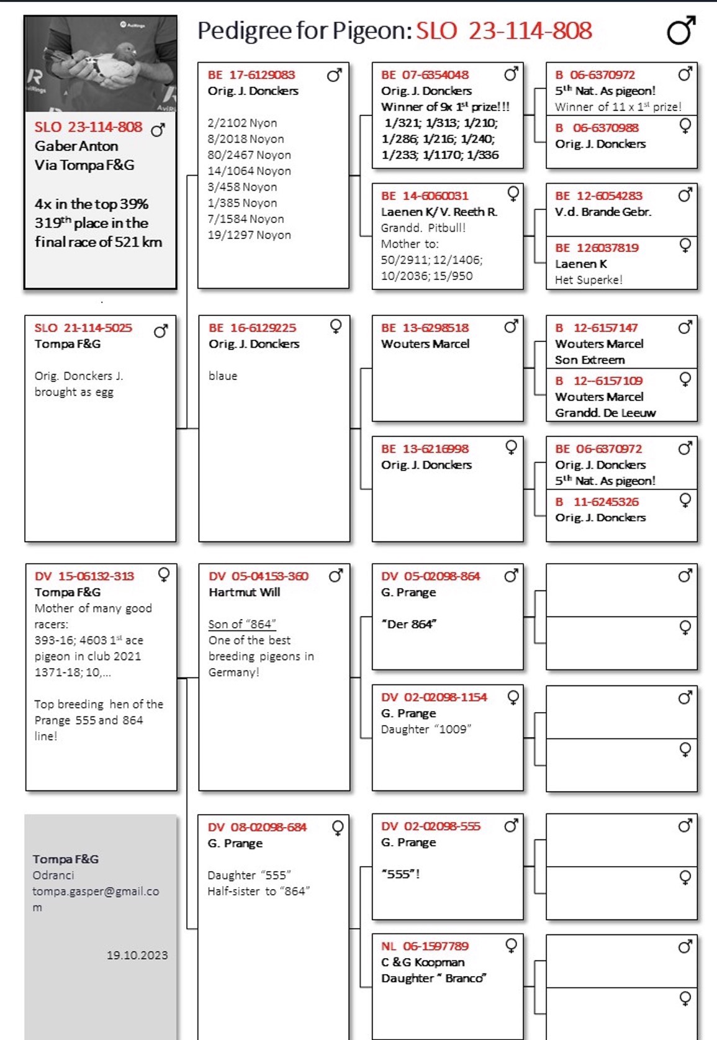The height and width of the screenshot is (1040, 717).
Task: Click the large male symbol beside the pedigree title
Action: coord(680,31)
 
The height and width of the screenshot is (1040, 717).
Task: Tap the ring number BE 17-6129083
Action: coord(251,75)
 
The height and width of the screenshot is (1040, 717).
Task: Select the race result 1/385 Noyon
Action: coord(243,203)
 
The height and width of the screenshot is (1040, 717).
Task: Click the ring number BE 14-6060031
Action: coord(425,196)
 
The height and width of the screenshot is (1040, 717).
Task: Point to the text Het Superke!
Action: coord(588,280)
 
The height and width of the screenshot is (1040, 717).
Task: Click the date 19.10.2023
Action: coord(137,955)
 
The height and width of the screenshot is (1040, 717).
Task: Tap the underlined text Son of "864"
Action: coord(242,624)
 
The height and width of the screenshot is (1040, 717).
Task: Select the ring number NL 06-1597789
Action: coord(425,946)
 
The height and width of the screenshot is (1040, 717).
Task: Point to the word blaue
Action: coord(223,376)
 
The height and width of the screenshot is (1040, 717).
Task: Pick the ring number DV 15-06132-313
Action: coord(84,576)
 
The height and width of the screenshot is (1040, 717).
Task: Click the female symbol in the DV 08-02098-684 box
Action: coord(338,827)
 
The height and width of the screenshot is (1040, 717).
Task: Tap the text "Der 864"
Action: coord(409,624)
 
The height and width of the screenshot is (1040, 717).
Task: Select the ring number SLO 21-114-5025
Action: coord(83,328)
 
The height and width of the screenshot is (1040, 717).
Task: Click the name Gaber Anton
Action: coord(76,146)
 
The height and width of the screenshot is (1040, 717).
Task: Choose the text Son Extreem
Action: coord(590,360)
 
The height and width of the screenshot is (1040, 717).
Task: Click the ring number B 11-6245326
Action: coord(597,502)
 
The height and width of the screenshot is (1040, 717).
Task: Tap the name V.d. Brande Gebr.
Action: coord(603,212)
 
